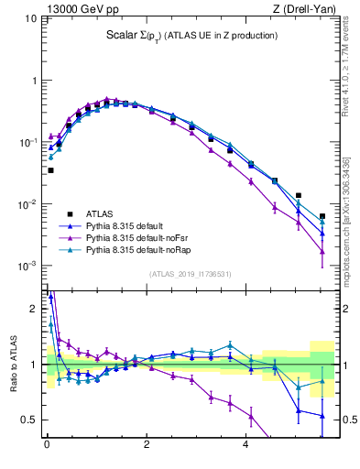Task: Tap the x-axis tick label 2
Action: (147, 448)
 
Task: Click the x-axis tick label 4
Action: (245, 448)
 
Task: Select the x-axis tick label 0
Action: (47, 448)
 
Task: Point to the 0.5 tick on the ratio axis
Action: (33, 420)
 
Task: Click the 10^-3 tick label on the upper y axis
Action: (28, 267)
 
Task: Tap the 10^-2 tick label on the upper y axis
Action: (28, 204)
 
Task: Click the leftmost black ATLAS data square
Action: (50, 170)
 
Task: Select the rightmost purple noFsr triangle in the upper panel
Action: (322, 251)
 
